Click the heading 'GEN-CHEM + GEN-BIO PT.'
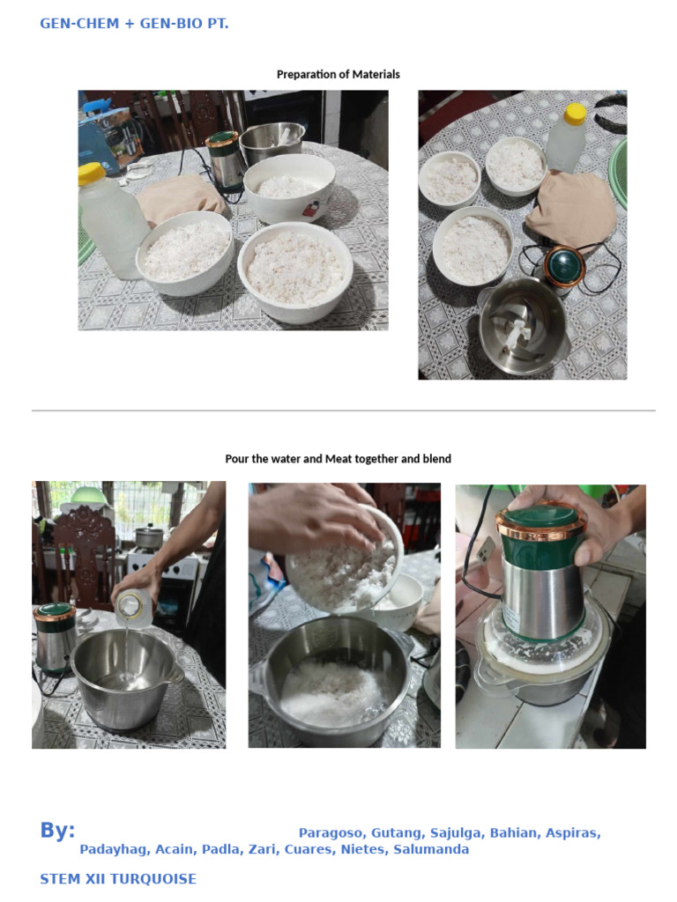134,24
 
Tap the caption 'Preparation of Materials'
338,74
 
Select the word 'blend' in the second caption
437,459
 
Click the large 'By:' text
57,830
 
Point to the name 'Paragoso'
331,833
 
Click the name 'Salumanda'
431,849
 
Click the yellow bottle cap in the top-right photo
575,114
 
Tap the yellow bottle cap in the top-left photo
92,174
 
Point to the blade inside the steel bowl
517,333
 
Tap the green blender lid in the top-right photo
565,265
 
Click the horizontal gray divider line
344,410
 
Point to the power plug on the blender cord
486,552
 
